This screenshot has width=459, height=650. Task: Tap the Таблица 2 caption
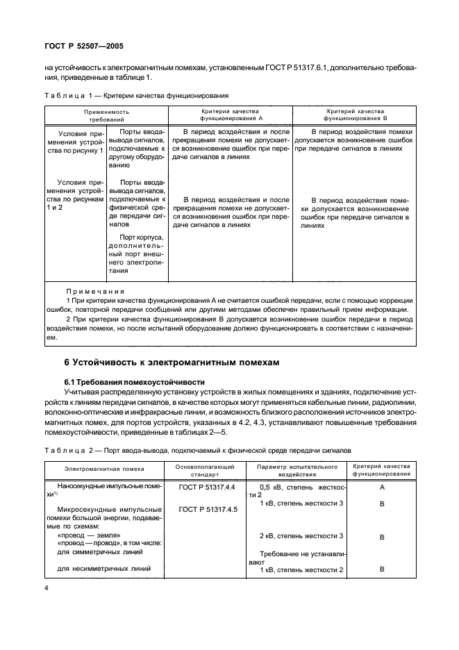pos(198,450)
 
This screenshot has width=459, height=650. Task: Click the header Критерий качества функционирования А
pos(229,115)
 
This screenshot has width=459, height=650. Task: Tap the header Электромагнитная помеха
pos(106,469)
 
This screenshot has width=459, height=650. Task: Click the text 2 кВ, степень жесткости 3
pos(301,536)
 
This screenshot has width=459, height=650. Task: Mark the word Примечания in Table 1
pos(95,291)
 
